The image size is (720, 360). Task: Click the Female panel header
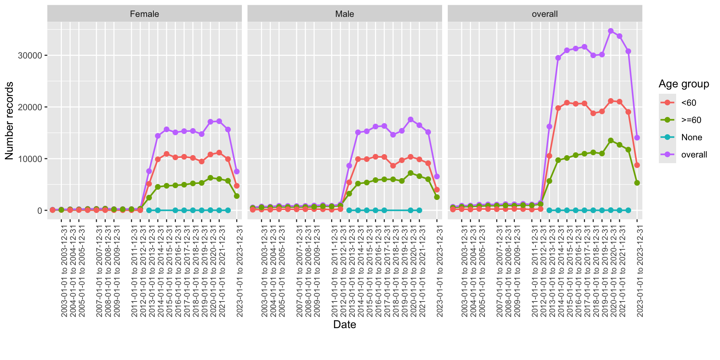pos(144,14)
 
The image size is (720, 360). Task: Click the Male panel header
pos(345,14)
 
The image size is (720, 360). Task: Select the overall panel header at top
pos(544,14)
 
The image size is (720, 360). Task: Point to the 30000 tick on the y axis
pos(30,55)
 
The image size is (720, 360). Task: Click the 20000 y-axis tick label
pos(30,107)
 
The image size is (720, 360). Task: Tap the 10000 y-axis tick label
pos(30,159)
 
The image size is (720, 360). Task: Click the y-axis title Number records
pos(9,121)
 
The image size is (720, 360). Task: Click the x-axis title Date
pos(345,324)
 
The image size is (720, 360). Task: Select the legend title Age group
pos(684,84)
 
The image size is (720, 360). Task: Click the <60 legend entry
pos(688,103)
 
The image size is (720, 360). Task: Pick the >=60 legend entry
pos(691,120)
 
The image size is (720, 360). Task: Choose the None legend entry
pos(691,137)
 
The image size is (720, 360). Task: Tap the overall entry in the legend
pos(694,154)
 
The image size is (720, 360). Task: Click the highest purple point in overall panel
pos(610,31)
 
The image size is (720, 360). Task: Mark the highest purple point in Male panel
pos(411,120)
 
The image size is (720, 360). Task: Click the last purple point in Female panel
pos(237,171)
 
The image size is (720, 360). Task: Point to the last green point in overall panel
pos(637,183)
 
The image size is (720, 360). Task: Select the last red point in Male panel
pos(437,190)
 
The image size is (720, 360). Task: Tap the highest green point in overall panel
pos(610,141)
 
